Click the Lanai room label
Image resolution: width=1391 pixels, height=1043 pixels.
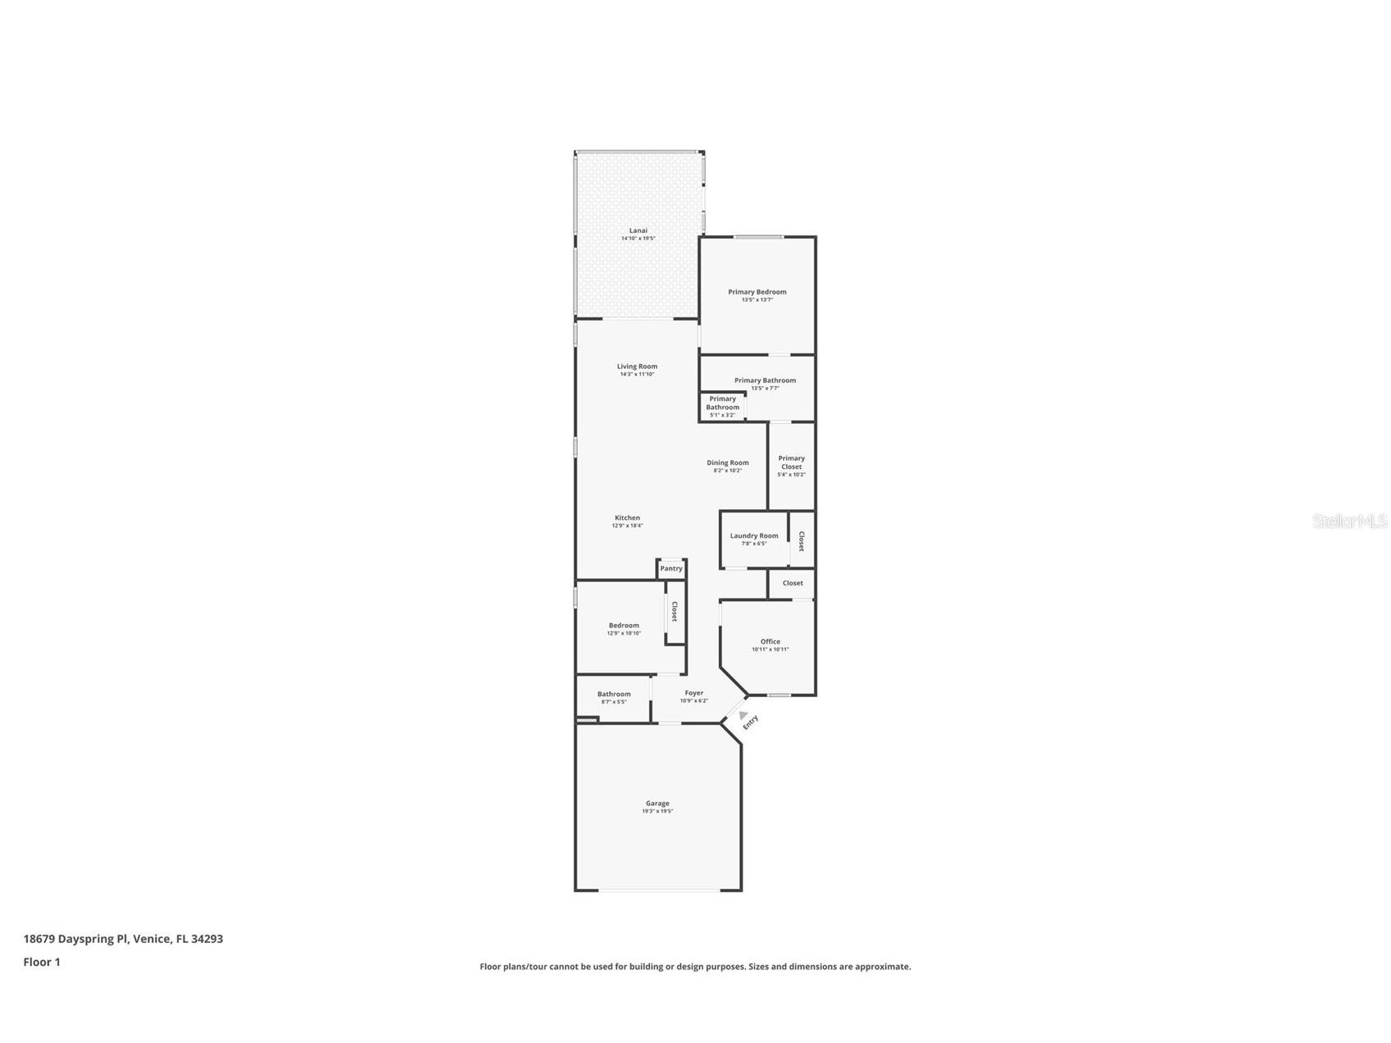[638, 230]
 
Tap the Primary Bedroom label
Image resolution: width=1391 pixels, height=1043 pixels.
[757, 292]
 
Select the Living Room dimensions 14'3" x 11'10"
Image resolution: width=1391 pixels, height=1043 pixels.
[637, 374]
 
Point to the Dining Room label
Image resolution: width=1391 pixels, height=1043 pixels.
[727, 462]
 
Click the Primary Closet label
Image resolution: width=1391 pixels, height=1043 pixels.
[791, 462]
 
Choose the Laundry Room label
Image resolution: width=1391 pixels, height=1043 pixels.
[754, 535]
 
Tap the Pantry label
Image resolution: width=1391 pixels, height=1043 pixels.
[671, 568]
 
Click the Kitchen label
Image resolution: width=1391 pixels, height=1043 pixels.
[627, 517]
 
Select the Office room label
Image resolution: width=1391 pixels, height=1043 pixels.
[770, 641]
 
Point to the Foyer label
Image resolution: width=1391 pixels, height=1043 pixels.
[693, 693]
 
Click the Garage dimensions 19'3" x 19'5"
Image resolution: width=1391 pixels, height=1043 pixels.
[657, 811]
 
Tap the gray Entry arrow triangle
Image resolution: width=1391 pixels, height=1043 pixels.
[743, 715]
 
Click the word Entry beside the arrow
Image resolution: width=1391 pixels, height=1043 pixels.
[751, 722]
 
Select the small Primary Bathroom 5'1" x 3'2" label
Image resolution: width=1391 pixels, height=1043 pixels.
[722, 407]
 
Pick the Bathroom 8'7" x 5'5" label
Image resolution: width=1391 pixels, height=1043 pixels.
[613, 697]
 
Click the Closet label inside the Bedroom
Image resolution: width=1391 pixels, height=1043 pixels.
[675, 612]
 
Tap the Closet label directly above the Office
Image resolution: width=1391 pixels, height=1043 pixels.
[793, 583]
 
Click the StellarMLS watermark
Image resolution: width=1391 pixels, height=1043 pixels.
[1349, 521]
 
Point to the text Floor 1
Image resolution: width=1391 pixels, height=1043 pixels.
[42, 962]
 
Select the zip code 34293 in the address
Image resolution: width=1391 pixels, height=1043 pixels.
[207, 939]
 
